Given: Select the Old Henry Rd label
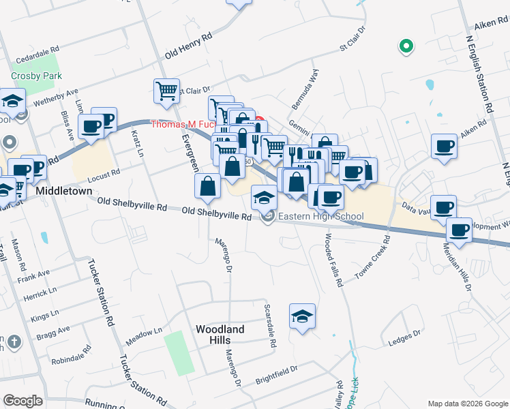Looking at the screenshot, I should pos(189,44).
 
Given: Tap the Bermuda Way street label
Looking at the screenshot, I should pos(305,87).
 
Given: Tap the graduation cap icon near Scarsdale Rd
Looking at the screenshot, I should pos(302,316).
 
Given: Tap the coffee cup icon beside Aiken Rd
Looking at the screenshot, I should pos(445,146).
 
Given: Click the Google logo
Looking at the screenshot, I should pos(22,401).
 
